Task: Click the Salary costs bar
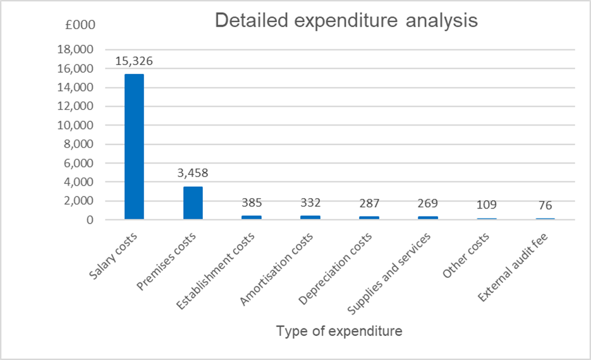click(x=134, y=147)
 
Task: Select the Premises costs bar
click(x=193, y=203)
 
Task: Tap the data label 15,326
click(x=134, y=61)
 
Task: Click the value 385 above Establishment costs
click(x=252, y=203)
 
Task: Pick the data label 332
click(x=310, y=203)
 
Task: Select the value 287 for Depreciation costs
click(x=369, y=203)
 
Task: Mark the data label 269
click(x=427, y=203)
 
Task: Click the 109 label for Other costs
click(x=486, y=205)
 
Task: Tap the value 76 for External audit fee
click(x=545, y=205)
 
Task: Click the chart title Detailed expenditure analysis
click(x=346, y=21)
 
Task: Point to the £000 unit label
click(x=80, y=25)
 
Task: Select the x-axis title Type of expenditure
click(x=339, y=331)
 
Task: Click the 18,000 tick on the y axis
click(x=76, y=49)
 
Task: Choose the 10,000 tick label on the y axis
click(x=76, y=125)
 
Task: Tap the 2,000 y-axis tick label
click(x=79, y=201)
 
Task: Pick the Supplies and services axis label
click(x=391, y=272)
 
